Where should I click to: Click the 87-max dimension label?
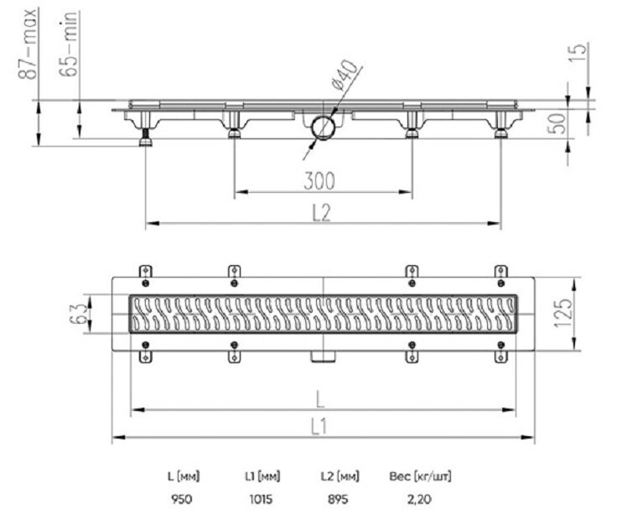pos(29,44)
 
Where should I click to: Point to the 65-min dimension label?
pos(68,44)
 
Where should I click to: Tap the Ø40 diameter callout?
pos(345,75)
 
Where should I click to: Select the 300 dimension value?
pos(319,180)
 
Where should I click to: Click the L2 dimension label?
pos(321,212)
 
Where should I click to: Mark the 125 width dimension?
pos(563,314)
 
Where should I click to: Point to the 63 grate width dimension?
pos(78,314)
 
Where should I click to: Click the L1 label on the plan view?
pos(319,427)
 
